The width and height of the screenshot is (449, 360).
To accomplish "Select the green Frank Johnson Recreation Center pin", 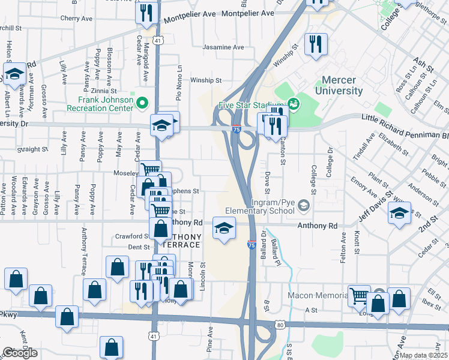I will tap(142, 103).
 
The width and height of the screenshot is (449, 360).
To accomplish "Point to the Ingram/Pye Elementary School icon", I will tap(304, 206).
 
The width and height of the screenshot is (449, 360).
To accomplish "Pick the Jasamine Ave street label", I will tap(223, 47).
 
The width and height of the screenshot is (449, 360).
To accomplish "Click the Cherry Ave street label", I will tap(80, 19).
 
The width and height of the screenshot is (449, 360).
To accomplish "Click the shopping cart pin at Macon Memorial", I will tap(359, 295).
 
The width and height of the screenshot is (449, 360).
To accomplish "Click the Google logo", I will tap(20, 353).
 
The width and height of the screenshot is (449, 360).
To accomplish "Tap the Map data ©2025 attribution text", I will tap(423, 355).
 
